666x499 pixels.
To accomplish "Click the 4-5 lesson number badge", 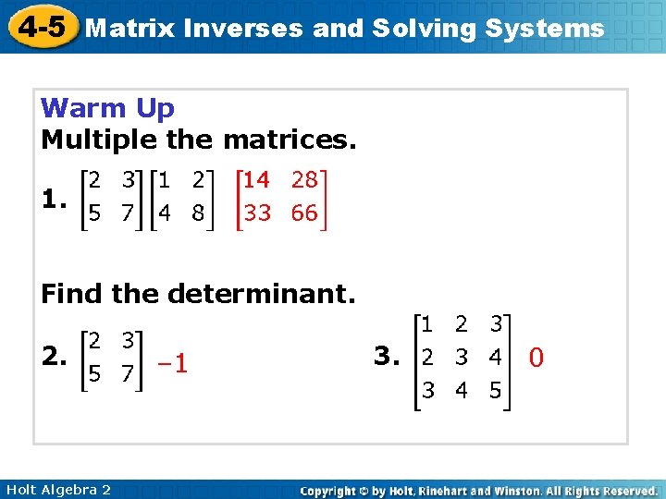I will (42, 27).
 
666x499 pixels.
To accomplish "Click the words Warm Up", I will (107, 108).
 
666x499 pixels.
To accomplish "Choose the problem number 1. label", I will (55, 199).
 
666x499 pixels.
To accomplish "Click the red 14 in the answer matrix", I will (257, 180).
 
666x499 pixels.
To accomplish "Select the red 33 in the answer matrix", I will (257, 213).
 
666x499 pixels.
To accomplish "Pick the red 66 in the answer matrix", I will (303, 213).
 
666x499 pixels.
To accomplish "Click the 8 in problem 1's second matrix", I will (197, 213).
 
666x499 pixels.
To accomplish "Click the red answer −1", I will (171, 364).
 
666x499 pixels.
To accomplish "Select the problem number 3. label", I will (388, 356).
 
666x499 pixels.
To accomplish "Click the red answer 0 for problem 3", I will (536, 356).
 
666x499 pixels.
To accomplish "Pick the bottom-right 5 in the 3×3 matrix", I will (495, 391).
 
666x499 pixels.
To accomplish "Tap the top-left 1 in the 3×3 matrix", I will (426, 324).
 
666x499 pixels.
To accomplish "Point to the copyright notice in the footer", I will (479, 491).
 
